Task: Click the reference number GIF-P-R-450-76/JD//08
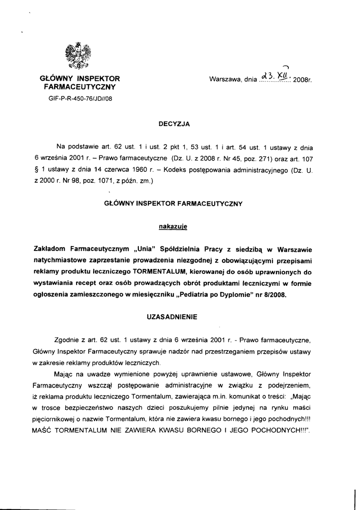coord(80,98)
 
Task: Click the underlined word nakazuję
coord(172,227)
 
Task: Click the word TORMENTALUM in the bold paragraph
coord(160,271)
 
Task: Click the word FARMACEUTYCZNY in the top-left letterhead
coord(80,87)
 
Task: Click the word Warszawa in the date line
coord(225,79)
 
